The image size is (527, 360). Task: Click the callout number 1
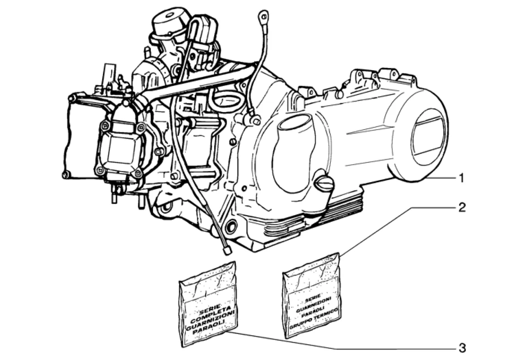point(462,178)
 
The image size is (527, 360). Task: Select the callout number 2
point(462,207)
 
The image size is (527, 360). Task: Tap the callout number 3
point(463,348)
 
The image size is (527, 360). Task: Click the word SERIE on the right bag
point(311,298)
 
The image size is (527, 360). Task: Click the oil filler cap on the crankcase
point(324,183)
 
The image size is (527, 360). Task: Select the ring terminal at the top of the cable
point(262,15)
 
